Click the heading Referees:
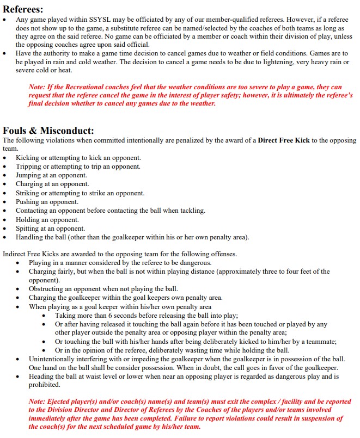point(23,9)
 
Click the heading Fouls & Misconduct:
point(48,131)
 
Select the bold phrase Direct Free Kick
point(284,140)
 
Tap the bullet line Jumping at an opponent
point(51,175)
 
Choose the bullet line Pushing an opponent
point(47,202)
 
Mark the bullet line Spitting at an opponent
point(50,229)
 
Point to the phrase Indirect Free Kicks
point(33,254)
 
